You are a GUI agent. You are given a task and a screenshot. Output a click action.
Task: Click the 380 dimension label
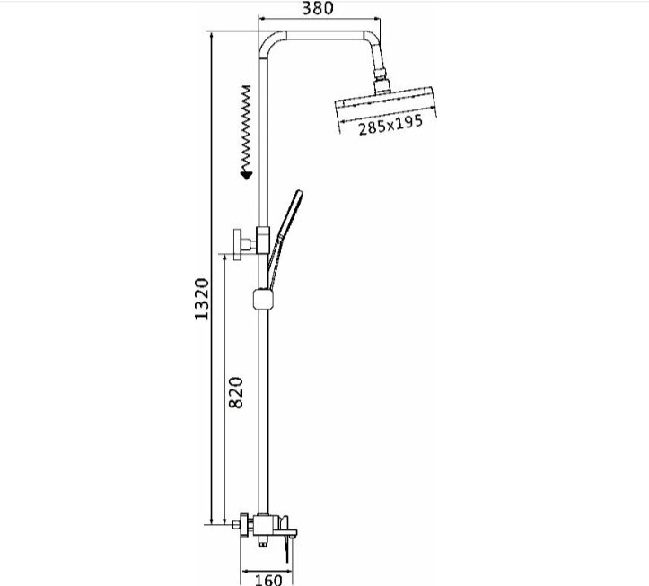318,8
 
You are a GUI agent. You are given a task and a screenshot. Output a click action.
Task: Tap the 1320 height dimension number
202,299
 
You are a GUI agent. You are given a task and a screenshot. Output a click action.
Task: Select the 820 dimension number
236,392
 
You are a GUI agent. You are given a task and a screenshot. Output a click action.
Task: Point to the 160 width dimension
268,580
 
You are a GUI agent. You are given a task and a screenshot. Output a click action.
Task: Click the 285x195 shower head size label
390,124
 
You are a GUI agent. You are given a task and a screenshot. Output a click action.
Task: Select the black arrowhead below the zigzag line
247,175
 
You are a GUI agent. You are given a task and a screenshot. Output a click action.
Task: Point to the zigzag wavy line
246,128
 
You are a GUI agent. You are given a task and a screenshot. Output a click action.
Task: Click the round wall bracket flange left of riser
237,244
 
